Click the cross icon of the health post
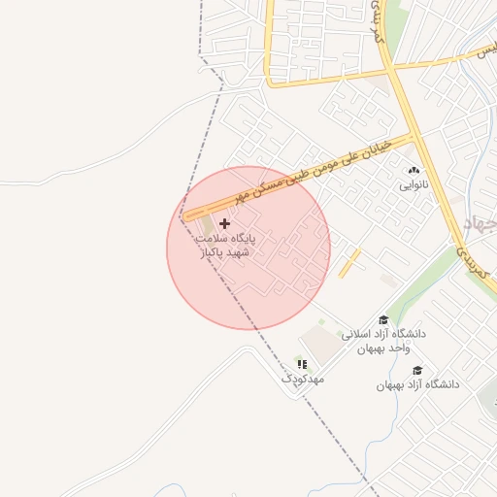click(225, 223)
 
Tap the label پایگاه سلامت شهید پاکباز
click(224, 245)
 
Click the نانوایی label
click(414, 184)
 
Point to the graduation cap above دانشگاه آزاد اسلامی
click(383, 320)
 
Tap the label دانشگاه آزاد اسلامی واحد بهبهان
click(383, 341)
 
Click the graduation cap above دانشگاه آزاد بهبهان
click(417, 370)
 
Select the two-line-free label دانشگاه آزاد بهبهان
click(418, 384)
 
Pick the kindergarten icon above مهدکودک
click(301, 363)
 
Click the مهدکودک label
click(302, 378)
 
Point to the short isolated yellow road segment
click(349, 262)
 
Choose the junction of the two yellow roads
click(391, 69)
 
